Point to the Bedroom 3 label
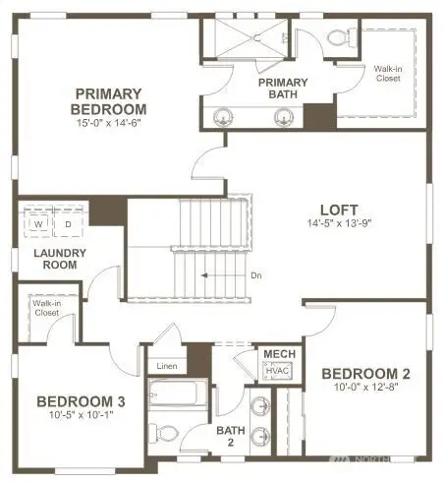[x=81, y=400]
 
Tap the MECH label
[x=272, y=353]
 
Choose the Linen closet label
[x=166, y=367]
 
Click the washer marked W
[x=38, y=223]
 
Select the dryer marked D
[x=69, y=223]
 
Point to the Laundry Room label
[x=60, y=259]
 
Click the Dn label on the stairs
[x=255, y=276]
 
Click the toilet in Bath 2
[x=167, y=434]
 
